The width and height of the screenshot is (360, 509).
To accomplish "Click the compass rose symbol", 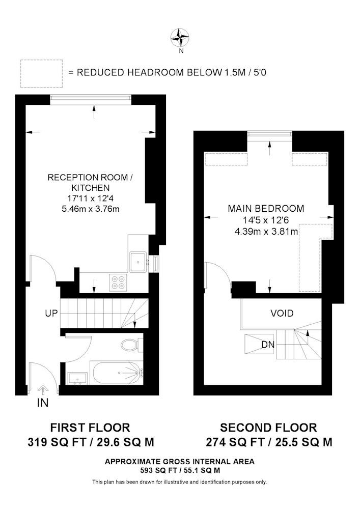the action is pyautogui.click(x=180, y=38).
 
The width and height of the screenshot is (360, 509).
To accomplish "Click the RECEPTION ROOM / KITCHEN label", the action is pyautogui.click(x=90, y=182).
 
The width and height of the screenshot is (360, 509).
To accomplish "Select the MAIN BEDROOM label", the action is pyautogui.click(x=266, y=208).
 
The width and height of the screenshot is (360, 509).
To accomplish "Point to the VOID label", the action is pyautogui.click(x=282, y=313).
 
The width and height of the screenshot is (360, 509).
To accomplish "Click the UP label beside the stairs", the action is pyautogui.click(x=51, y=313).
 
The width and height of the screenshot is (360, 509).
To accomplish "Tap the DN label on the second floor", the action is pyautogui.click(x=268, y=345).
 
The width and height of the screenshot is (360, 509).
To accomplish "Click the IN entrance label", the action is pyautogui.click(x=43, y=403).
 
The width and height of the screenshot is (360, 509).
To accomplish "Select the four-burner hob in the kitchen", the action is pyautogui.click(x=118, y=282).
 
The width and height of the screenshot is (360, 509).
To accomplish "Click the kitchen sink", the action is pyautogui.click(x=139, y=262).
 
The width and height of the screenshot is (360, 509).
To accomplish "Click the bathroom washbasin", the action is pyautogui.click(x=77, y=379).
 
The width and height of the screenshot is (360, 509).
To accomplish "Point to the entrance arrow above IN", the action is pyautogui.click(x=43, y=388).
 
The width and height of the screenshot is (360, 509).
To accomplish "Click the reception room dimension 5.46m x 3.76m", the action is pyautogui.click(x=91, y=209).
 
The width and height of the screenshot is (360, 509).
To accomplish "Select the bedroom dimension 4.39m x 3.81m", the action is pyautogui.click(x=266, y=232).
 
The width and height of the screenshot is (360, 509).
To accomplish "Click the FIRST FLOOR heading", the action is pyautogui.click(x=90, y=428).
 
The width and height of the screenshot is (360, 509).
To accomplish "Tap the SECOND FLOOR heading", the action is pyautogui.click(x=268, y=428).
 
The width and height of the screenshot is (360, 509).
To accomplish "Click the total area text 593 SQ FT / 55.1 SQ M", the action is pyautogui.click(x=180, y=470).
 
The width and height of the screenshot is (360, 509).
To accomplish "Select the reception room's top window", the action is pyautogui.click(x=91, y=100).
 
